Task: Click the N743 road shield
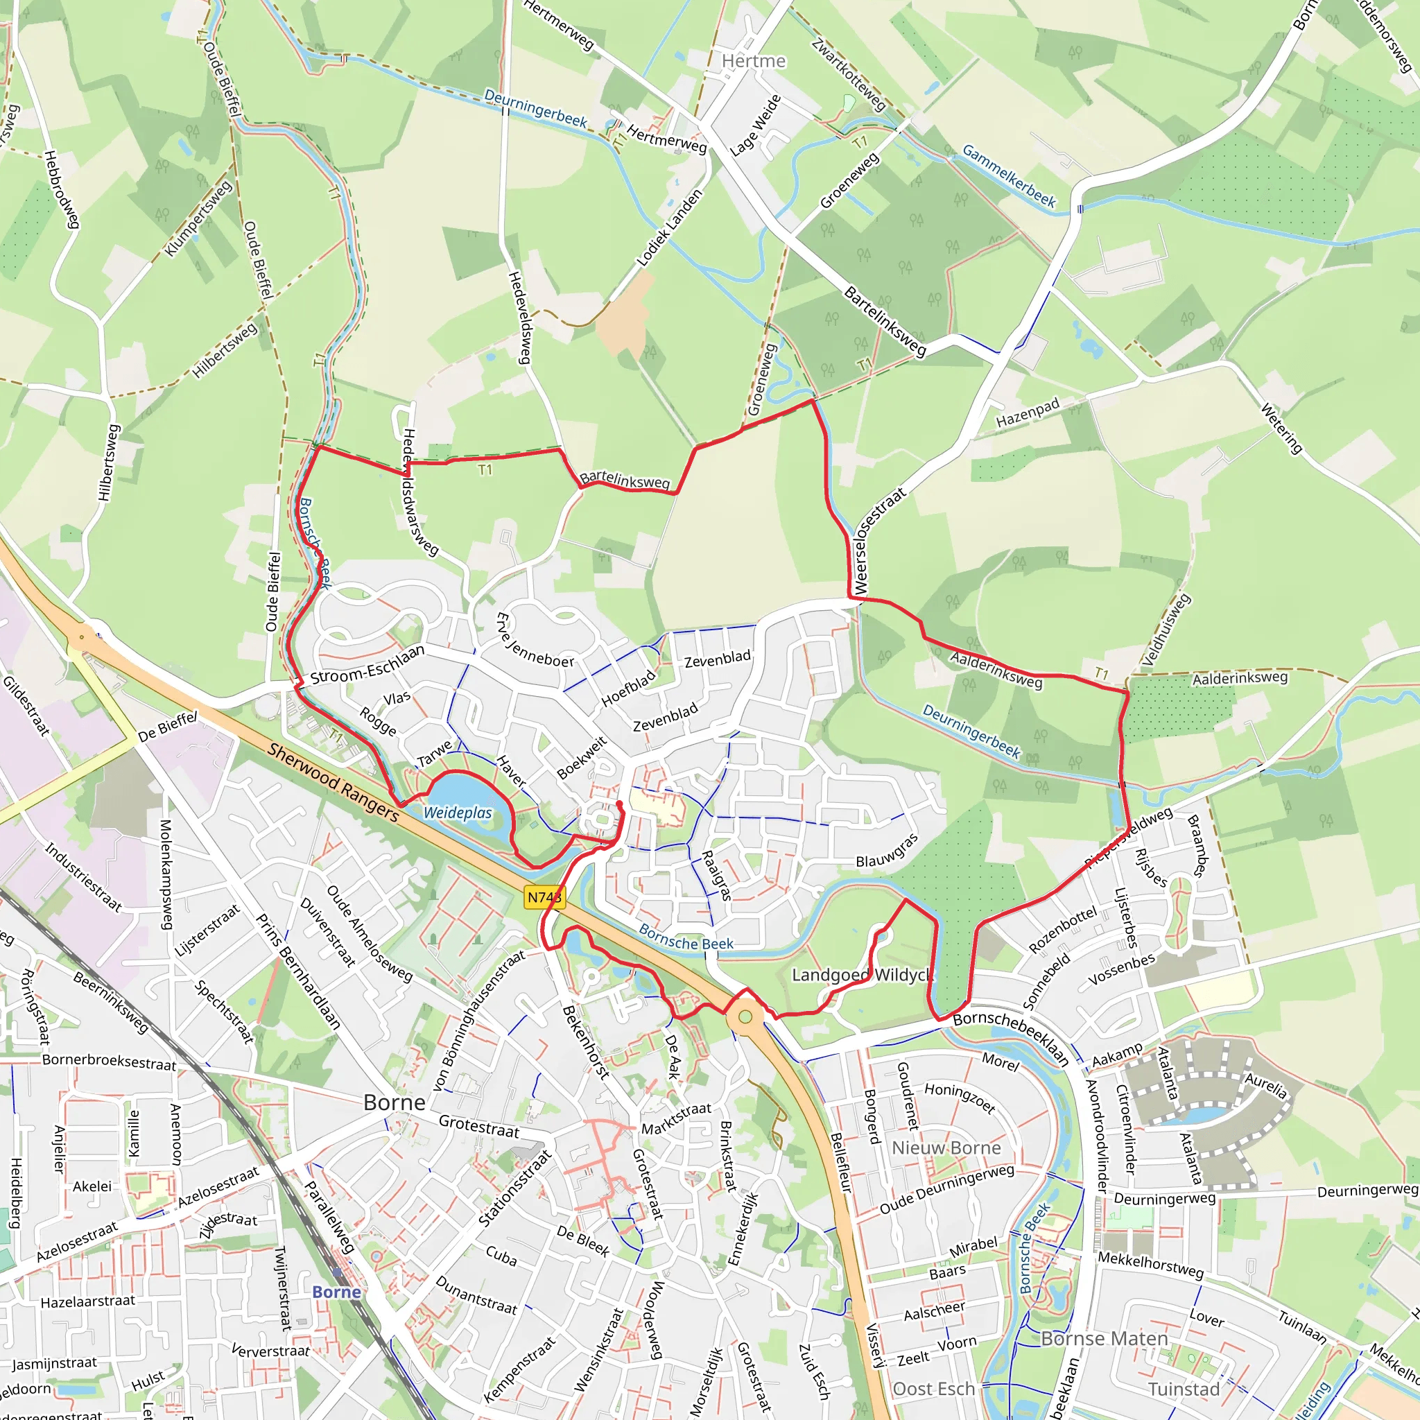[x=544, y=897]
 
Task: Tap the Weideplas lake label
[x=458, y=813]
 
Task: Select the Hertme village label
[x=754, y=61]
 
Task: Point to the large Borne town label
[x=395, y=1102]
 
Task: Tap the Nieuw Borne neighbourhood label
[x=946, y=1148]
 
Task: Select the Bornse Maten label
[x=1104, y=1338]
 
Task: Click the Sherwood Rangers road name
[x=334, y=783]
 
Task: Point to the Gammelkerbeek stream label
[x=1009, y=176]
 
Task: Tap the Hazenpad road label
[x=1028, y=413]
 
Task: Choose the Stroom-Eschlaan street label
[x=367, y=664]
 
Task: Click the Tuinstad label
[x=1184, y=1389]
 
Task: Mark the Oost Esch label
[x=933, y=1389]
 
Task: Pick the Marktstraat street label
[x=676, y=1118]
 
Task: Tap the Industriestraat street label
[x=83, y=877]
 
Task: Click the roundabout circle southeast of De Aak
[x=746, y=1017]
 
